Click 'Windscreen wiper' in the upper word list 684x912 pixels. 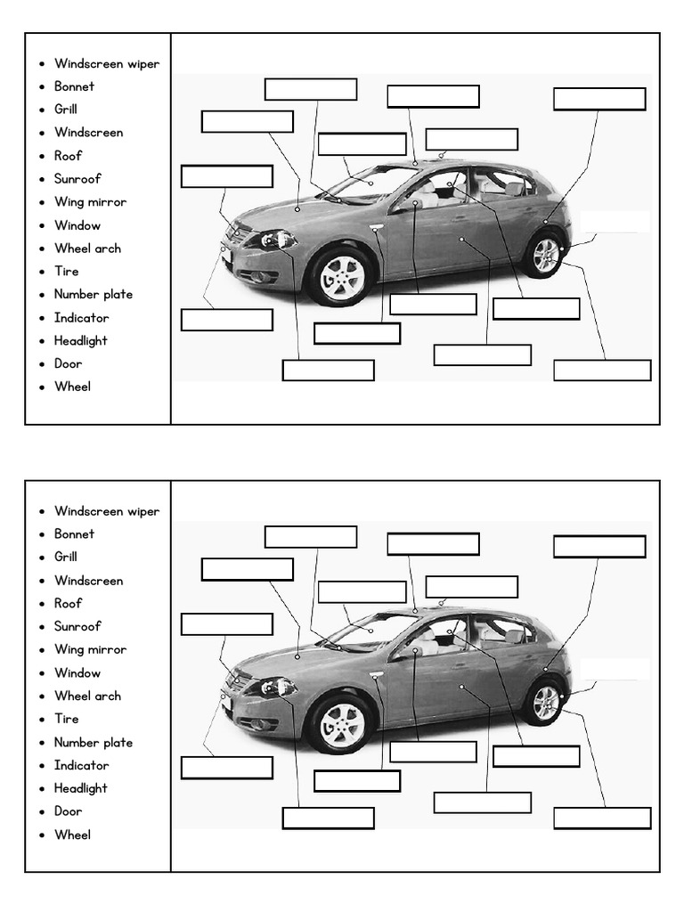[106, 63]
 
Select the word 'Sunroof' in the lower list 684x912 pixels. [77, 626]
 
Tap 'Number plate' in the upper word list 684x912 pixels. [93, 294]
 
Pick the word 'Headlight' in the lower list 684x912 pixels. [80, 788]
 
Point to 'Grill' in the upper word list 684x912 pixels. [66, 109]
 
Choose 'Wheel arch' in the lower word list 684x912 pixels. [87, 696]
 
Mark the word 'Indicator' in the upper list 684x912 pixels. [81, 317]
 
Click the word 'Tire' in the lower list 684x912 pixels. [66, 719]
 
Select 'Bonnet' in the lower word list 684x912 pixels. [74, 533]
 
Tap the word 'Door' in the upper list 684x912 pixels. [68, 363]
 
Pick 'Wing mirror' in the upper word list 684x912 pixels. [90, 201]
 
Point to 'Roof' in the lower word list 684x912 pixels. [68, 603]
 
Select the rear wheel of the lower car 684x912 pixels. [544, 704]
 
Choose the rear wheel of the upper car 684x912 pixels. [544, 256]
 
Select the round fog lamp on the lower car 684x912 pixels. [257, 723]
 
